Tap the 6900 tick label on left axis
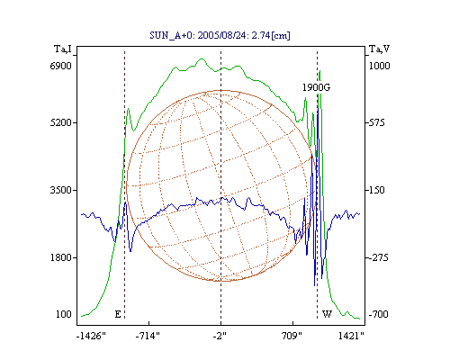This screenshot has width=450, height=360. click(x=61, y=66)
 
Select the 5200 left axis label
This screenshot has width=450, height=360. click(x=61, y=122)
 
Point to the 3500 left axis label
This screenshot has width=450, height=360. click(x=61, y=190)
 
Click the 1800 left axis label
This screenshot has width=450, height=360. click(x=61, y=257)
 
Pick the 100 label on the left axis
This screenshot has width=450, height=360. click(x=64, y=314)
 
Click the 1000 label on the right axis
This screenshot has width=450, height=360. click(x=380, y=66)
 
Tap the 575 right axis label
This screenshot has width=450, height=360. click(x=376, y=122)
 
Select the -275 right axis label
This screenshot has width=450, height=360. click(x=378, y=257)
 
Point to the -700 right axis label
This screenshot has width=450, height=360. click(x=378, y=314)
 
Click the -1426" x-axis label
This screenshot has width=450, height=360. click(x=91, y=336)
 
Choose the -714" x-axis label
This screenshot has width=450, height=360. click(x=148, y=336)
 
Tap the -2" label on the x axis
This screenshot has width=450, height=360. click(x=220, y=336)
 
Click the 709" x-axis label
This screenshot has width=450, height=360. click(x=292, y=336)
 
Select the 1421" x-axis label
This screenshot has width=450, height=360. click(x=351, y=336)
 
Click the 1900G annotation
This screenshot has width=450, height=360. click(x=316, y=87)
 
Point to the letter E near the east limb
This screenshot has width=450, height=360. click(x=118, y=314)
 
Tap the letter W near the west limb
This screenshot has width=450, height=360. click(x=327, y=314)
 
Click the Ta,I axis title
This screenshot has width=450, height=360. click(x=63, y=49)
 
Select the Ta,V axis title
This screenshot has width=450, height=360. click(x=380, y=49)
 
